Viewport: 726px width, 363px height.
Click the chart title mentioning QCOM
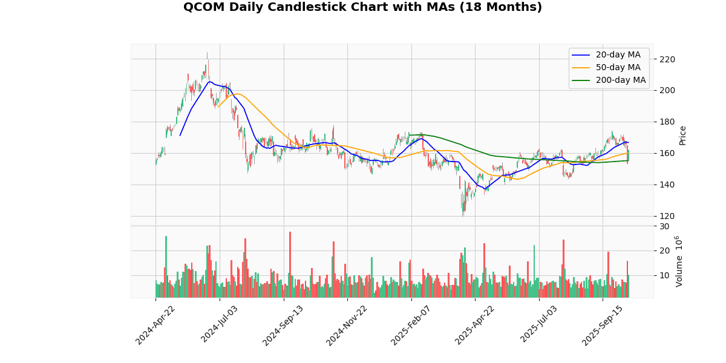[x=362, y=7]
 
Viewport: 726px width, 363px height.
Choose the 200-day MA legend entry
[x=620, y=80]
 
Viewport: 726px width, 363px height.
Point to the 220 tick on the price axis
[x=667, y=59]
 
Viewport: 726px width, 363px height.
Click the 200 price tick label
[x=667, y=91]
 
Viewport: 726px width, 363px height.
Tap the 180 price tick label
[x=667, y=122]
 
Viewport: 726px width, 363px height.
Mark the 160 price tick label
[x=667, y=154]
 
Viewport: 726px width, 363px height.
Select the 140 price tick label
[x=667, y=185]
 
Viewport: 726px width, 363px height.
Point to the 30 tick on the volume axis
[x=664, y=226]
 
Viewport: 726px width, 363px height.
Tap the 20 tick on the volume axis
[x=664, y=251]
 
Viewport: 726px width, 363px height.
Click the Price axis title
[x=683, y=135]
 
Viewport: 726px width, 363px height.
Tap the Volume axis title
[x=679, y=261]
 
